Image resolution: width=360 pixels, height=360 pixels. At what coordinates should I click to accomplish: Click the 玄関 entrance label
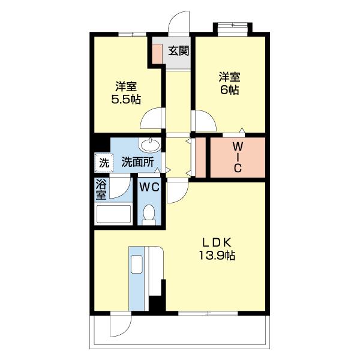(178, 50)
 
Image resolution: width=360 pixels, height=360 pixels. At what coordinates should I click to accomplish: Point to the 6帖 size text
(230, 91)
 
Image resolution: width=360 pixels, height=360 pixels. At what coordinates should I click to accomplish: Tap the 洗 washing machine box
(103, 162)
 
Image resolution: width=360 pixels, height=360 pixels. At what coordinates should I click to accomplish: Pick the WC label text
(149, 187)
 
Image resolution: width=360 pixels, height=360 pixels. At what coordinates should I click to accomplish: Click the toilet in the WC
(150, 212)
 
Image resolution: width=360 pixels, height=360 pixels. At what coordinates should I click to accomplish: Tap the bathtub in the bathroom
(113, 214)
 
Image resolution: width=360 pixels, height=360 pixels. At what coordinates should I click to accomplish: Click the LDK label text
(217, 242)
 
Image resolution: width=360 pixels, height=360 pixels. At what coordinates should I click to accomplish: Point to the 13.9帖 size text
(217, 256)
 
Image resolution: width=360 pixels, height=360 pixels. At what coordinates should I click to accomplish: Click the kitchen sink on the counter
(136, 265)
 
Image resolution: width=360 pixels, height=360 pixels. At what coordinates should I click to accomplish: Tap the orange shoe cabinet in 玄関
(157, 53)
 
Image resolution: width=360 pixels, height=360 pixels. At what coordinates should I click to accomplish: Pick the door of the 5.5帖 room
(152, 118)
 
